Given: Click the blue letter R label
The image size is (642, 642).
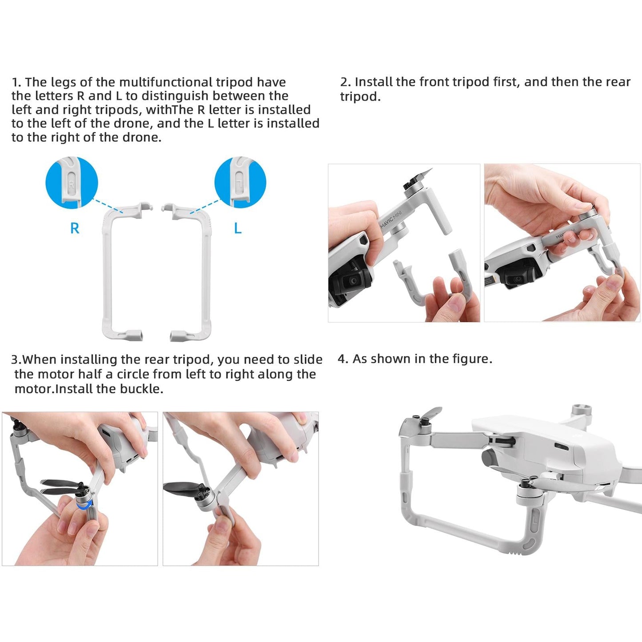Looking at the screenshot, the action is [x=75, y=228].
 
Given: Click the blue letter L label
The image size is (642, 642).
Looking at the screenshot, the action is [x=238, y=228].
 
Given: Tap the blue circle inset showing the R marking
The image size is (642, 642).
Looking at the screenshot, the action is [x=72, y=183].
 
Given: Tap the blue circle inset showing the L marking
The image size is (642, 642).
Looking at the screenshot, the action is [x=240, y=183].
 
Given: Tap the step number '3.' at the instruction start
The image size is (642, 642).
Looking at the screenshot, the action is [x=16, y=360].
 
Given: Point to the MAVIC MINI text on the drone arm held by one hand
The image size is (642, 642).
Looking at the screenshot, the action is [x=391, y=219].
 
